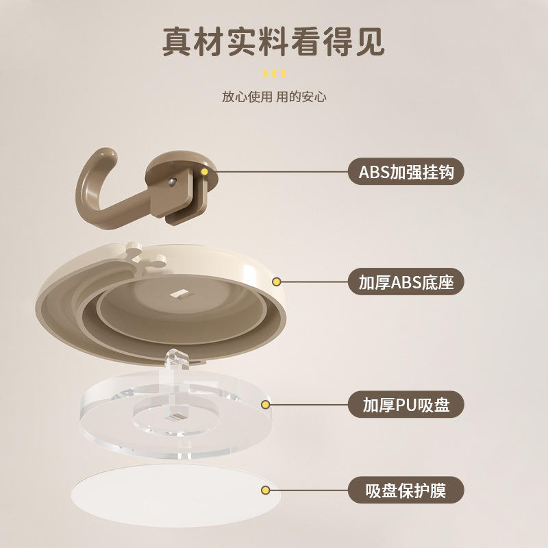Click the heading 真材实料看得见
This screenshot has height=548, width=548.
point(273,42)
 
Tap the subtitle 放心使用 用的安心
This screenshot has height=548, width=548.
point(274,97)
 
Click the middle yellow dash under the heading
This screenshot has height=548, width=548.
point(274,73)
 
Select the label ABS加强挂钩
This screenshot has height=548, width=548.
point(406,172)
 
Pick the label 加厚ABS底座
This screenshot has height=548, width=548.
point(406,282)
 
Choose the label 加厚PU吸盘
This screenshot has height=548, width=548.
point(406,404)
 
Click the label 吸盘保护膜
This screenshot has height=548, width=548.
point(406,490)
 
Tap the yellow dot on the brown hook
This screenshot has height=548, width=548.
point(204,172)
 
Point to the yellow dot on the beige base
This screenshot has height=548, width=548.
point(277,282)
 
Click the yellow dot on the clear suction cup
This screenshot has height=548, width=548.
point(266,405)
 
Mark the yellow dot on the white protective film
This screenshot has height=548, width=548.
point(266,490)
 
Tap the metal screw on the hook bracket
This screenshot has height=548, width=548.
point(172,182)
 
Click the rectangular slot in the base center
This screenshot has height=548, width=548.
point(182,295)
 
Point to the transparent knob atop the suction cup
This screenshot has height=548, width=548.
point(177,359)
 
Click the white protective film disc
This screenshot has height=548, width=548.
point(176,495)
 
